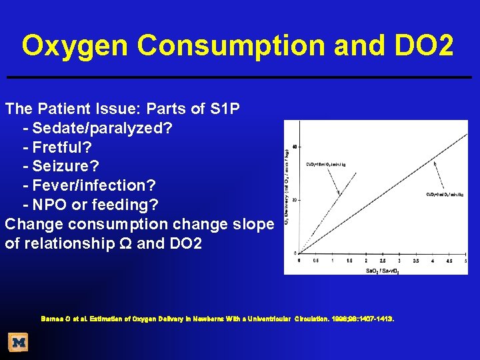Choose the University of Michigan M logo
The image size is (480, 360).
[x=19, y=342]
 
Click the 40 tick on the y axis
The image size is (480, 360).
[x=294, y=146]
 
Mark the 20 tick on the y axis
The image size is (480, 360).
[x=294, y=199]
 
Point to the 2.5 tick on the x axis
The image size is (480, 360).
[x=383, y=260]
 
